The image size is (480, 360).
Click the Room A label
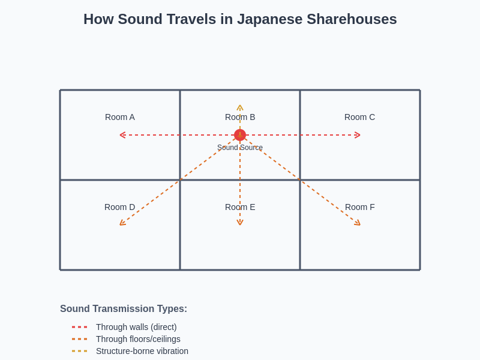[120, 117]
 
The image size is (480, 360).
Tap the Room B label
[240, 117]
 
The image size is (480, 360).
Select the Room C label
[359, 117]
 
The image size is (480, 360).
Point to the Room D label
[120, 207]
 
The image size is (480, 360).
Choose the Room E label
[240, 207]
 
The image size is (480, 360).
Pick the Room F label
[359, 207]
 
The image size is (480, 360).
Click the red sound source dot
[240, 135]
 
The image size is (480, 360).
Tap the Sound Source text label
[240, 148]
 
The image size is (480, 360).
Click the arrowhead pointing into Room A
[122, 135]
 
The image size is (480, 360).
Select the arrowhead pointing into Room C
[358, 135]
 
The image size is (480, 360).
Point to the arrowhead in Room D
[122, 224]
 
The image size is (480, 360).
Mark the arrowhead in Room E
[240, 223]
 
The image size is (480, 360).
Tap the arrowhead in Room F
[358, 224]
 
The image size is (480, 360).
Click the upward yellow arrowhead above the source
[240, 107]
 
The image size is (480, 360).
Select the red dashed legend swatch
[79, 327]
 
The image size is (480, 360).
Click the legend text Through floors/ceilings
[138, 339]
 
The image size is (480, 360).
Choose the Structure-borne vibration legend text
[142, 351]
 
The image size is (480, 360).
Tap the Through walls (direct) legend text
[136, 327]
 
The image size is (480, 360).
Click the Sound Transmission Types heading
[124, 309]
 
